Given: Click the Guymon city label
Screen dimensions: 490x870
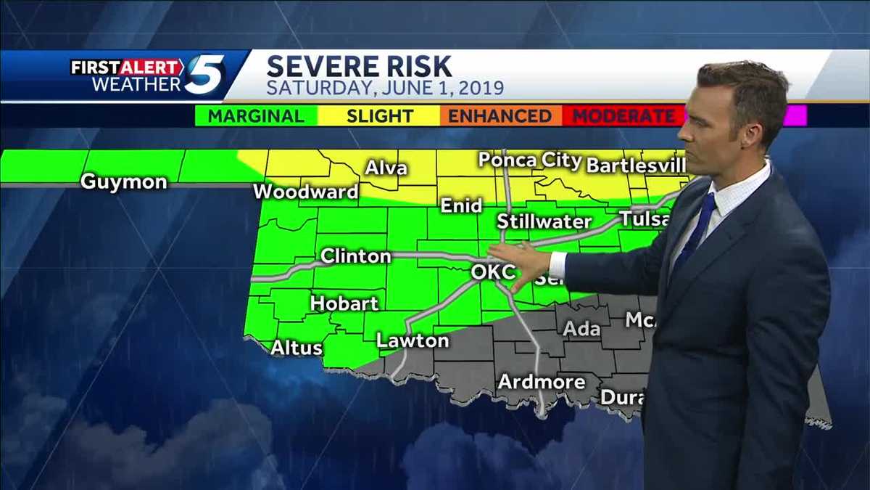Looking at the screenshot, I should pyautogui.click(x=123, y=181).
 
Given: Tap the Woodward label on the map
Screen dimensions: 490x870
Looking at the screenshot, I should pyautogui.click(x=306, y=192).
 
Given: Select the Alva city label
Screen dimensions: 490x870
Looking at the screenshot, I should pyautogui.click(x=386, y=168).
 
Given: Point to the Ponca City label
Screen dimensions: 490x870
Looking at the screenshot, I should pyautogui.click(x=531, y=160).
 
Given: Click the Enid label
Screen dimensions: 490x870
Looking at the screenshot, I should pyautogui.click(x=462, y=206).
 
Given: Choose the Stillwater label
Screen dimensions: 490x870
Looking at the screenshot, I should pyautogui.click(x=544, y=221).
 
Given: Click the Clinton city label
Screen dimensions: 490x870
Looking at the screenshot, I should pyautogui.click(x=355, y=256).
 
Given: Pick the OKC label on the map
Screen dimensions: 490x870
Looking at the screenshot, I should pyautogui.click(x=493, y=273).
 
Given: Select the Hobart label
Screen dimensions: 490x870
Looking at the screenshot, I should pyautogui.click(x=344, y=303).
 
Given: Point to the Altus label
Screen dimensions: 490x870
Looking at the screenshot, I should pyautogui.click(x=297, y=348).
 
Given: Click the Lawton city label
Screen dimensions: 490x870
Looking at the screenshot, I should pyautogui.click(x=413, y=340).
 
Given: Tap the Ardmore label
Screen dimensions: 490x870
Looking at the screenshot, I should pyautogui.click(x=541, y=382).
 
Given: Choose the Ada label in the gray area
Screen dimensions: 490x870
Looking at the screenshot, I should pyautogui.click(x=581, y=329).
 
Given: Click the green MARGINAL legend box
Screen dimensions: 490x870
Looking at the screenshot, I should pyautogui.click(x=256, y=116).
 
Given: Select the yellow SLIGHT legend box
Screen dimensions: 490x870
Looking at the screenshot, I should pyautogui.click(x=379, y=116).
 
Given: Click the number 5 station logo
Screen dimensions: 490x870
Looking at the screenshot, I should pyautogui.click(x=204, y=75).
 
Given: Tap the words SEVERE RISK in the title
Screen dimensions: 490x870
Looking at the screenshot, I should pyautogui.click(x=359, y=67).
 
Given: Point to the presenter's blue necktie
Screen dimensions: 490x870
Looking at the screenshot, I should pyautogui.click(x=695, y=233).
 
